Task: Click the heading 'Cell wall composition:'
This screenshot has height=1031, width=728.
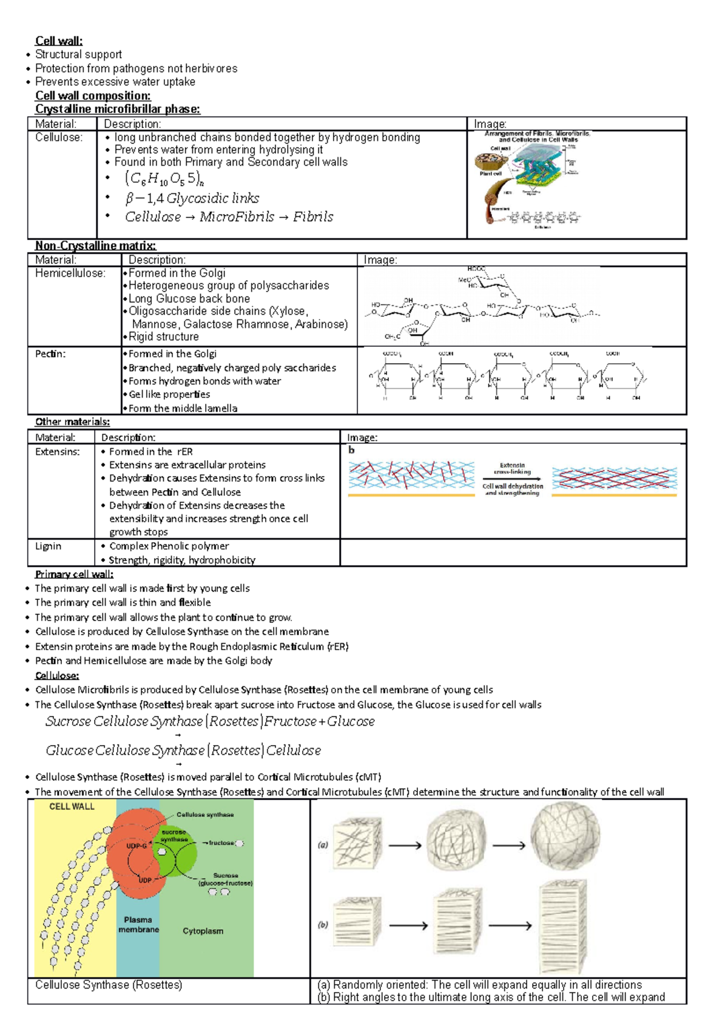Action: coord(92,95)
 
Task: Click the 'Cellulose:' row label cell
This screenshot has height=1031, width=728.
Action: coord(58,137)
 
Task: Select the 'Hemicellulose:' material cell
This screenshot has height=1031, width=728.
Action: coord(70,273)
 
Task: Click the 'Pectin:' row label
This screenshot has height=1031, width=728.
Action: coord(50,353)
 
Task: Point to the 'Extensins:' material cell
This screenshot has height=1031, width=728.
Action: coord(57,451)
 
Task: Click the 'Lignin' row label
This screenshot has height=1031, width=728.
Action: coord(48,546)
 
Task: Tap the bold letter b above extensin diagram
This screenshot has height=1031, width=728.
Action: coord(351,450)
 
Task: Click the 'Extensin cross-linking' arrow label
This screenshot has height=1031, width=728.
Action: coord(512,468)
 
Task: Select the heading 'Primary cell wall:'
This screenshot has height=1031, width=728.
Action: coord(74,574)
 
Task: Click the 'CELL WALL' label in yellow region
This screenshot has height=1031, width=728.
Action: coord(72,806)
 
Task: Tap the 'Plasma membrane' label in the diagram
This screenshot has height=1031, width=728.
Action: coord(138,924)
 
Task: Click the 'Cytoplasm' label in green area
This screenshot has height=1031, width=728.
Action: coord(203,930)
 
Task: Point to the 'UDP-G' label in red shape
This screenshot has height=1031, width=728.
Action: coord(136,845)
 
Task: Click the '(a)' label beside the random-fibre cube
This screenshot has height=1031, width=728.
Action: coord(323,845)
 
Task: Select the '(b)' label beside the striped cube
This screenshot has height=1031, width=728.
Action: coord(323,925)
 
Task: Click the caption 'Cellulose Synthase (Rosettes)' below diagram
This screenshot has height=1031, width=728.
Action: coord(109,984)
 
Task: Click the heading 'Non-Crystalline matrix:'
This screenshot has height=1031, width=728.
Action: coord(95,245)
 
